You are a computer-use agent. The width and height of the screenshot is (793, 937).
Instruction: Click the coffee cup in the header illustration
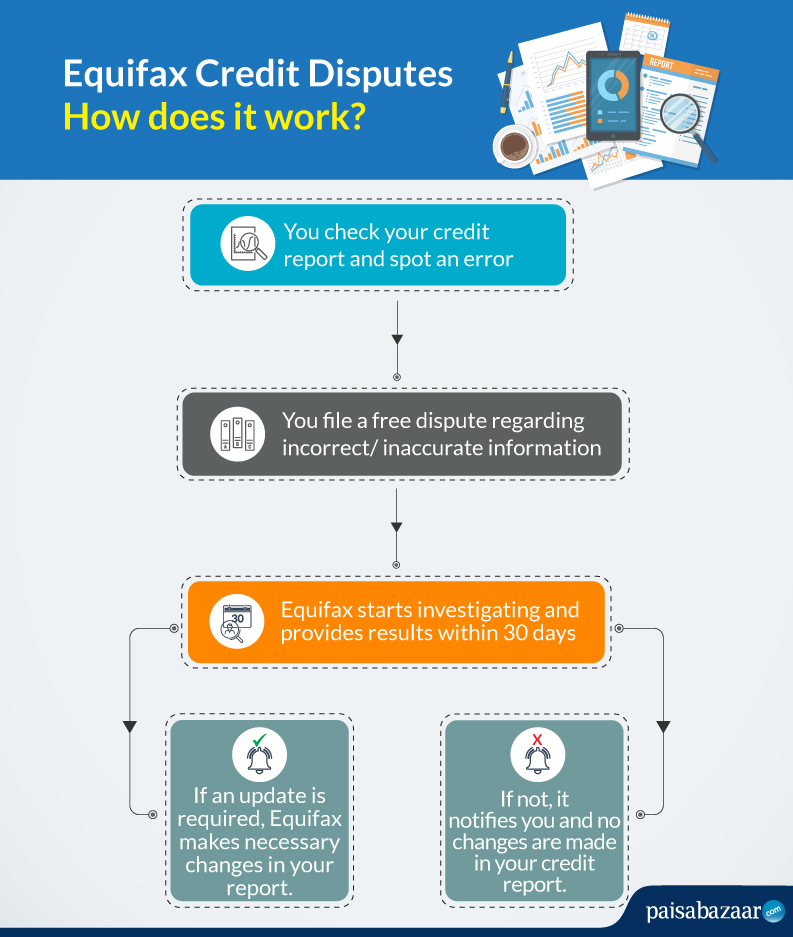(x=514, y=145)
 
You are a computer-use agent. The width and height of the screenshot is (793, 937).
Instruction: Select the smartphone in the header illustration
(x=613, y=96)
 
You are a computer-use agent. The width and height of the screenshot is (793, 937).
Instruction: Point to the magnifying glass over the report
(x=686, y=124)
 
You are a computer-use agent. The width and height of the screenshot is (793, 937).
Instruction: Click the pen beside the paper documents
(x=507, y=81)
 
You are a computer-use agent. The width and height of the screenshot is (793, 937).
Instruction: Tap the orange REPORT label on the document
(x=661, y=63)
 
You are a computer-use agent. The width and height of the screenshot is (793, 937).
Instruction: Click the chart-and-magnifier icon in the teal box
(x=247, y=244)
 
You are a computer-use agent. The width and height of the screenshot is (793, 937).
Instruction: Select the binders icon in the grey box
(x=237, y=434)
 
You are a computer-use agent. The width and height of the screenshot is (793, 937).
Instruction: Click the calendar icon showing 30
(x=237, y=622)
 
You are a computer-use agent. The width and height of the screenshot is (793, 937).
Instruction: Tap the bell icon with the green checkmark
(x=259, y=755)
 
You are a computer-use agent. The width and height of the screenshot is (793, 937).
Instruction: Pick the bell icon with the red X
(x=537, y=755)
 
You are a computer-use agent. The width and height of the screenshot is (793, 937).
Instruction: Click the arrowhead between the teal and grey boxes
(x=397, y=339)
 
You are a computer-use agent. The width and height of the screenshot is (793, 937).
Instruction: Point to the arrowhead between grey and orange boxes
(x=396, y=527)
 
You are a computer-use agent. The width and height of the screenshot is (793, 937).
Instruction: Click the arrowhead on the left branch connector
(x=130, y=727)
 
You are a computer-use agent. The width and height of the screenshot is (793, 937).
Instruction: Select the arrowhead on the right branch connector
(x=663, y=727)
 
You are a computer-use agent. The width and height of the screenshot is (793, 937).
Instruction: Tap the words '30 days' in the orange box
(x=539, y=633)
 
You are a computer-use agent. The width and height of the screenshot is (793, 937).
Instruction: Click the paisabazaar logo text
(x=703, y=911)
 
